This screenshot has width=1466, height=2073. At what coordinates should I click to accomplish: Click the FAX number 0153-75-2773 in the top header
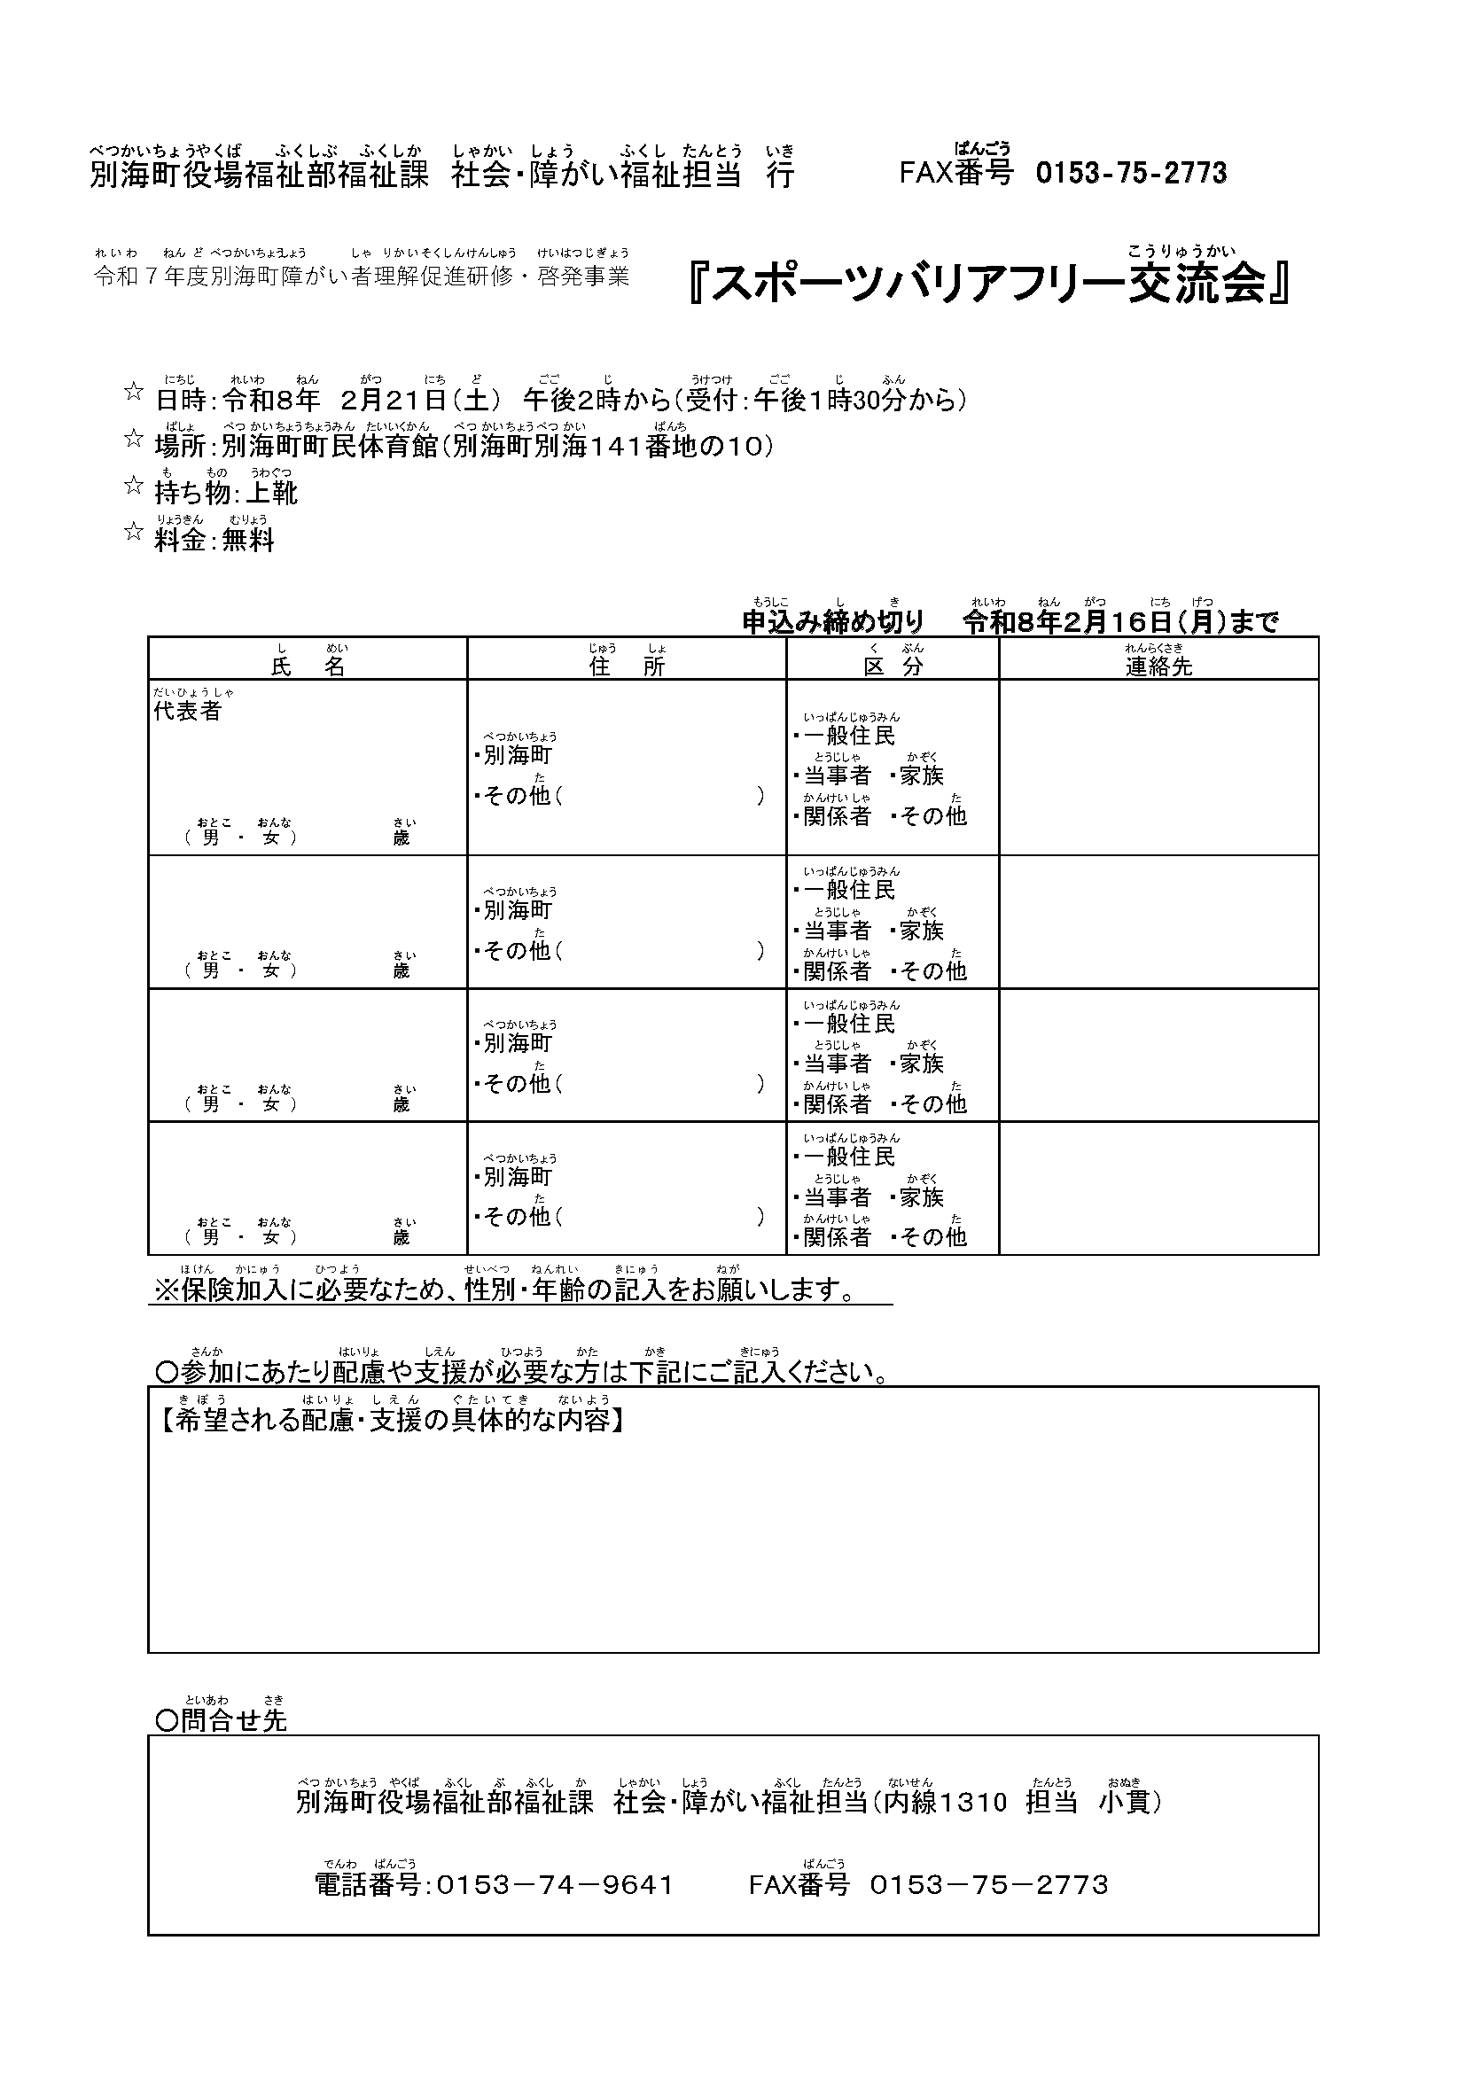pos(1130,173)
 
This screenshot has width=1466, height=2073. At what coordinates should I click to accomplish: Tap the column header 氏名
pos(308,666)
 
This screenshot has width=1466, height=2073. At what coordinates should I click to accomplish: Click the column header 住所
pos(627,666)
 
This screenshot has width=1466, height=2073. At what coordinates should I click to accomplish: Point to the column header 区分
pos(892,666)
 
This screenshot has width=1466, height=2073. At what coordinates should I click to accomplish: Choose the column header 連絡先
pos(1158,666)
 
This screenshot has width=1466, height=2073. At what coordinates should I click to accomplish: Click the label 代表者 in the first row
pos(188,711)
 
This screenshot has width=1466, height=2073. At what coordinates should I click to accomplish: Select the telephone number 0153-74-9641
pos(555,1885)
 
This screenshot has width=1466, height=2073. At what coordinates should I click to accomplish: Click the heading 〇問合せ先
pos(222,1721)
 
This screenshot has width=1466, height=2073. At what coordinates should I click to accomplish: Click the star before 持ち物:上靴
pos(134,487)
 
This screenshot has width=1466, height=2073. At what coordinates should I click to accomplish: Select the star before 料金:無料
pos(134,533)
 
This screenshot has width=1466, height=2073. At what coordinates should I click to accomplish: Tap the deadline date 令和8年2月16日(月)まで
pos(1120,622)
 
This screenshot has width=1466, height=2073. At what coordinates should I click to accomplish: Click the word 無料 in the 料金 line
pos(248,540)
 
